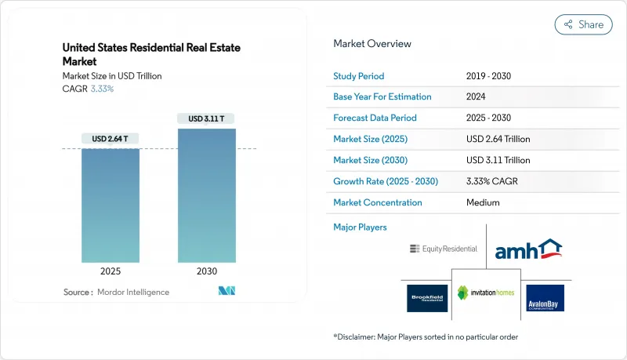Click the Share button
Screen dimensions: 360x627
click(584, 24)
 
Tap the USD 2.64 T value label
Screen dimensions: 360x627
click(110, 139)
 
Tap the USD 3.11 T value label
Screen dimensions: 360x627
click(206, 119)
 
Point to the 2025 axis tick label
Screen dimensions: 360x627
click(110, 271)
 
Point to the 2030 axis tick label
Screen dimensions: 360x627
click(206, 271)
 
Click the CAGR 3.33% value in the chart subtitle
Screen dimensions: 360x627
click(103, 89)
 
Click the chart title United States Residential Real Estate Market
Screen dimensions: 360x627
click(151, 54)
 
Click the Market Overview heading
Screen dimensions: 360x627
click(371, 44)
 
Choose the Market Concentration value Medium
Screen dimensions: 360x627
click(484, 202)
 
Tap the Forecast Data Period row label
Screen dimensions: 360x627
click(375, 118)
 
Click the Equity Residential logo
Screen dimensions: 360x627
click(443, 249)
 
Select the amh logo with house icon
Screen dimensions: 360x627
click(528, 249)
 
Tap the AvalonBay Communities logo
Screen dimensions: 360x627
click(545, 297)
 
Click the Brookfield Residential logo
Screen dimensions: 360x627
click(427, 297)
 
